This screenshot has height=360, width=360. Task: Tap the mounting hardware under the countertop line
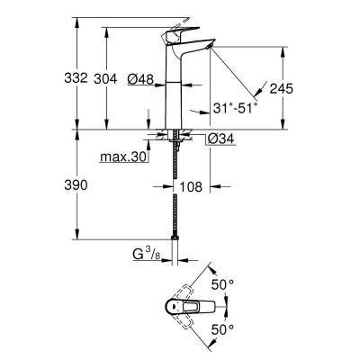[174, 140]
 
